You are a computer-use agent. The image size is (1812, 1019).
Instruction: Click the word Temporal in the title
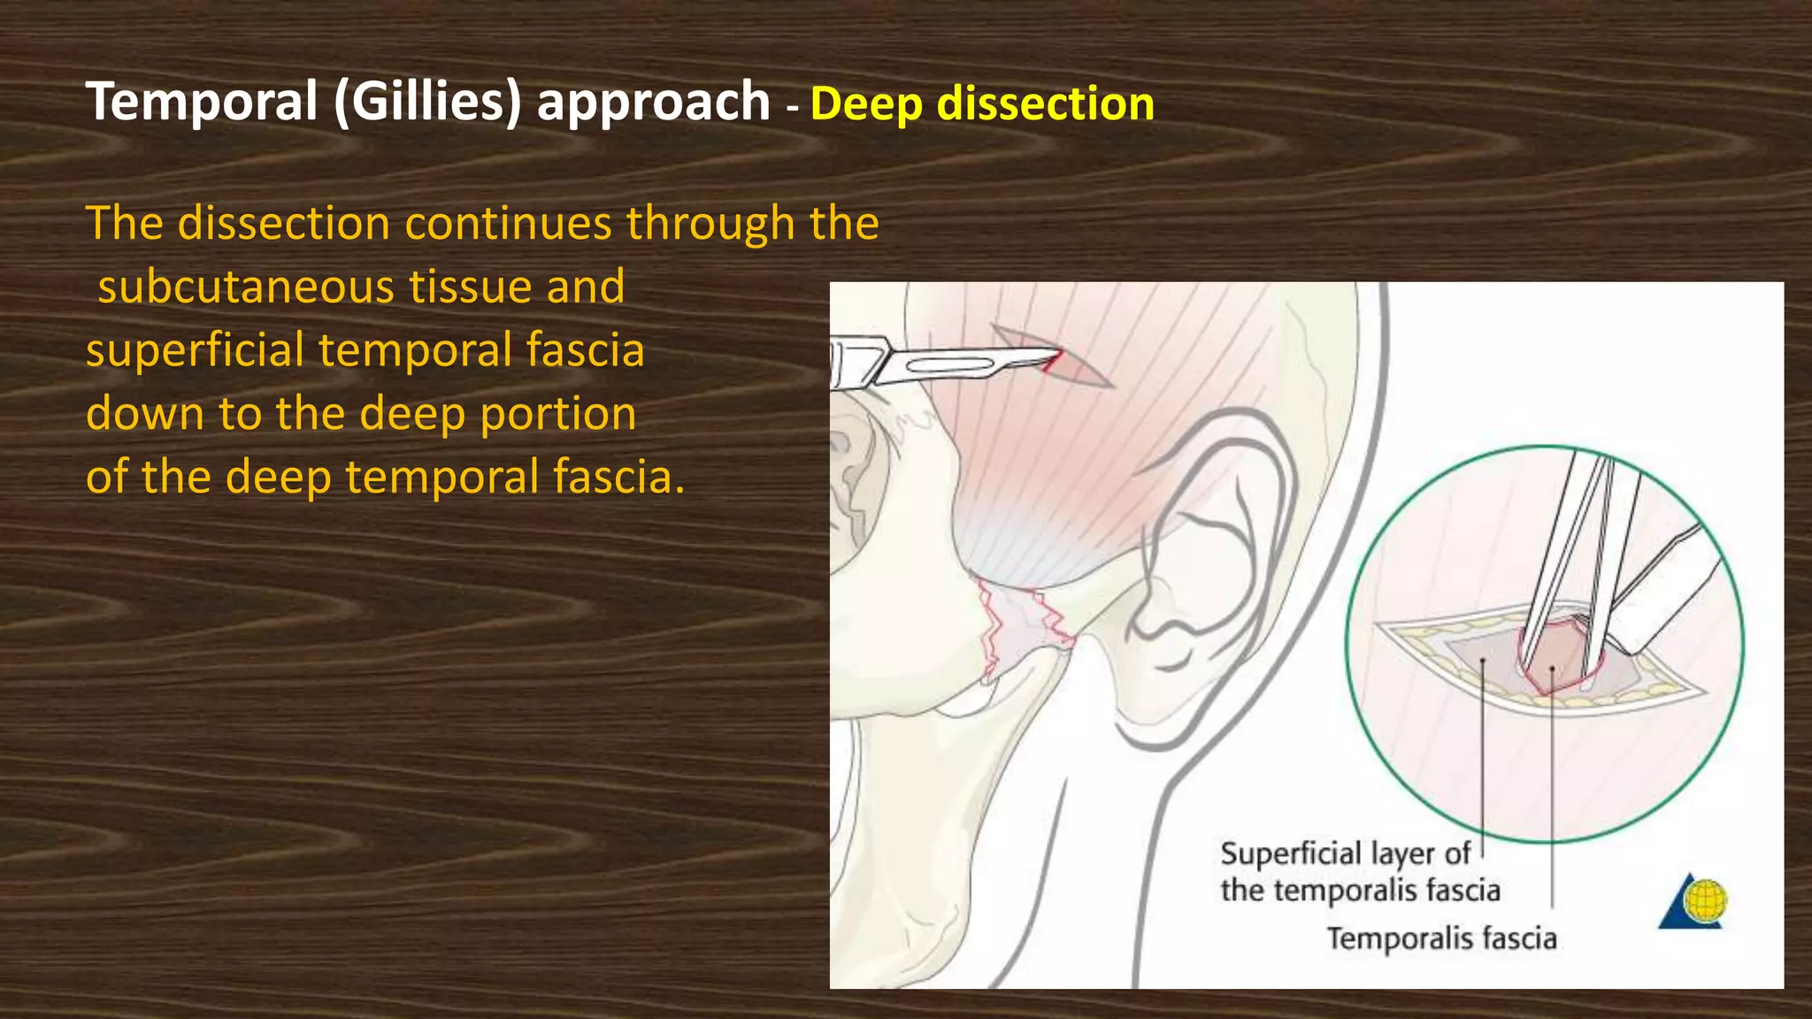click(202, 101)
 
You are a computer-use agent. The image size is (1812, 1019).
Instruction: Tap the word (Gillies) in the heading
click(427, 101)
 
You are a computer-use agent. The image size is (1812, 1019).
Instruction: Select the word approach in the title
click(654, 101)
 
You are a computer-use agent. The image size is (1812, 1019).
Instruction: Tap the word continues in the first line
click(508, 223)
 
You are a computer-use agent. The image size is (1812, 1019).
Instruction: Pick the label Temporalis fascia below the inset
click(1441, 939)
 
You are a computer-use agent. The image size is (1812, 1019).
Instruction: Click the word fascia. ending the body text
click(618, 478)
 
